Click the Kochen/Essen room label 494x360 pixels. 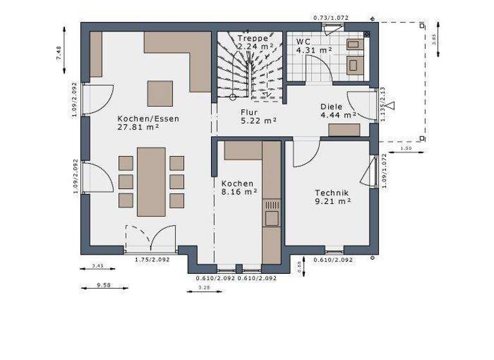pyautogui.click(x=148, y=118)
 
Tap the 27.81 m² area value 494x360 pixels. pyautogui.click(x=138, y=127)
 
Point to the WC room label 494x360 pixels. pyautogui.click(x=304, y=41)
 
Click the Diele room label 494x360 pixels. pyautogui.click(x=332, y=107)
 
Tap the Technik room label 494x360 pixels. pyautogui.click(x=332, y=192)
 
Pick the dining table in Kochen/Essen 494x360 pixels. pyautogui.click(x=151, y=181)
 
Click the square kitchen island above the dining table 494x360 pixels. pyautogui.click(x=160, y=93)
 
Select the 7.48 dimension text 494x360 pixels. pyautogui.click(x=59, y=53)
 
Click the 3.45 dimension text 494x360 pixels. pyautogui.click(x=98, y=265)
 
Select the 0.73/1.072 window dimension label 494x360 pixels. pyautogui.click(x=330, y=17)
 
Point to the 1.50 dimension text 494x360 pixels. pyautogui.click(x=406, y=148)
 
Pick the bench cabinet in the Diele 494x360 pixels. pyautogui.click(x=344, y=130)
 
